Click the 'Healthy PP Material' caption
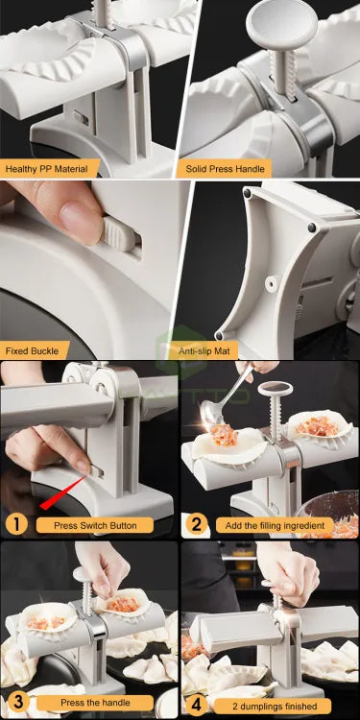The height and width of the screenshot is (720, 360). click(45, 169)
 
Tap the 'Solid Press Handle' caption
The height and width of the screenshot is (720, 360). click(224, 169)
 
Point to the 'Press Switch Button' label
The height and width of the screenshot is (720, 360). click(94, 525)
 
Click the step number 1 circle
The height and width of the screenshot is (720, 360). click(14, 524)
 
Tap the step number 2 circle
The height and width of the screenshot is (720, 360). click(197, 524)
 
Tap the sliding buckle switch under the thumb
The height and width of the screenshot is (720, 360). click(119, 233)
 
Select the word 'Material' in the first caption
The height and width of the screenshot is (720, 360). click(67, 169)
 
